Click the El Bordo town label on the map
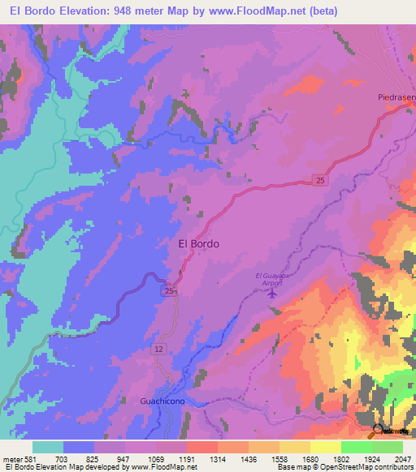tap(197, 242)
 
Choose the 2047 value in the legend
tap(393, 459)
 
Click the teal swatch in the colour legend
tap(48, 447)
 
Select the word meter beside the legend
tap(13, 459)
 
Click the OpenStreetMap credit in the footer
tap(338, 468)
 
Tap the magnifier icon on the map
tap(377, 431)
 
